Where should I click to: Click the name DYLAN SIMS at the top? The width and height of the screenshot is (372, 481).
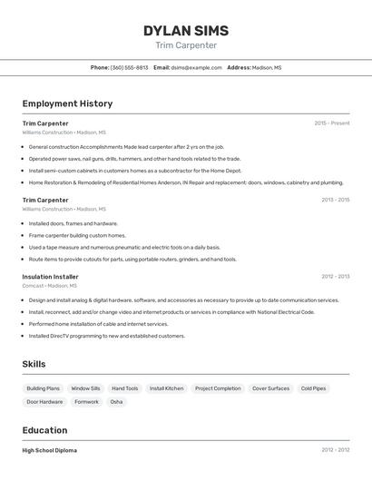[x=186, y=31]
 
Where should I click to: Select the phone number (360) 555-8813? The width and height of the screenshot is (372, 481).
[x=129, y=67]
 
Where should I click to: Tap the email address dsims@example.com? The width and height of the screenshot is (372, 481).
[x=197, y=67]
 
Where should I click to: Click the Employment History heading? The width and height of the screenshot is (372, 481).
[x=67, y=103]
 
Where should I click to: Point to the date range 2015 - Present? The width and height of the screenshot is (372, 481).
[x=332, y=123]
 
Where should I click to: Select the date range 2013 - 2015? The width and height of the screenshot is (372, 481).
[x=335, y=200]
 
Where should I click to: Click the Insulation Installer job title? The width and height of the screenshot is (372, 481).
[x=51, y=277]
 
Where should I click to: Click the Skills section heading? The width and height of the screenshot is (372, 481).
[x=34, y=364]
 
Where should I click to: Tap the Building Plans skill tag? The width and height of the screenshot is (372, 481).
[x=44, y=388]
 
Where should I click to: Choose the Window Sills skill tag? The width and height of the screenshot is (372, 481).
[x=86, y=388]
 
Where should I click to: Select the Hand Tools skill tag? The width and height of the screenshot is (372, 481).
[x=125, y=388]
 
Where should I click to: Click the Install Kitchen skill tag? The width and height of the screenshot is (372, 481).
[x=167, y=388]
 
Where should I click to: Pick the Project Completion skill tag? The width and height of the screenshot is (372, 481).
[x=218, y=388]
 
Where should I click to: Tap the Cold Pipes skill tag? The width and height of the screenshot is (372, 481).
[x=313, y=388]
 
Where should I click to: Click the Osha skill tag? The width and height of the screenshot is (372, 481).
[x=116, y=401]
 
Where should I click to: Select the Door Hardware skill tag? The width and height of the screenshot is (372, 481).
[x=45, y=401]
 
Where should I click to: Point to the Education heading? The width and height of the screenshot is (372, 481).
[x=44, y=430]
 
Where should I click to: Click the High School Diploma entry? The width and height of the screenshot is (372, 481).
[x=50, y=450]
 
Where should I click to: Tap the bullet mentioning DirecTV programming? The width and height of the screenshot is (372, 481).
[x=107, y=336]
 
